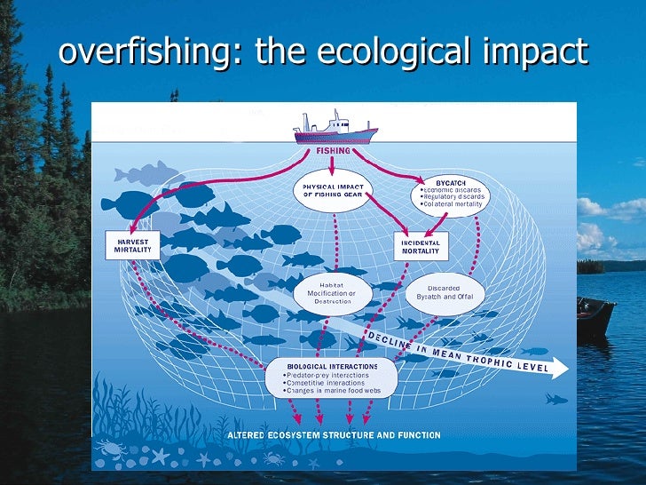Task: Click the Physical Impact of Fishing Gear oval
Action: point(334,190)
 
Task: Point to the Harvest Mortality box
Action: point(132,245)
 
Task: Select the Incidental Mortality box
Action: point(421,246)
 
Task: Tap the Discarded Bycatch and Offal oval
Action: point(444,293)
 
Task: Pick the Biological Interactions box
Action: point(332,378)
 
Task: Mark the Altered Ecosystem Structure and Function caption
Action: point(333,435)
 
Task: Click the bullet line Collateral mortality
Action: point(452,204)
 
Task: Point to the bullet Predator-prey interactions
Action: point(327,374)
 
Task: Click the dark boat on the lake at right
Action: point(594,315)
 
